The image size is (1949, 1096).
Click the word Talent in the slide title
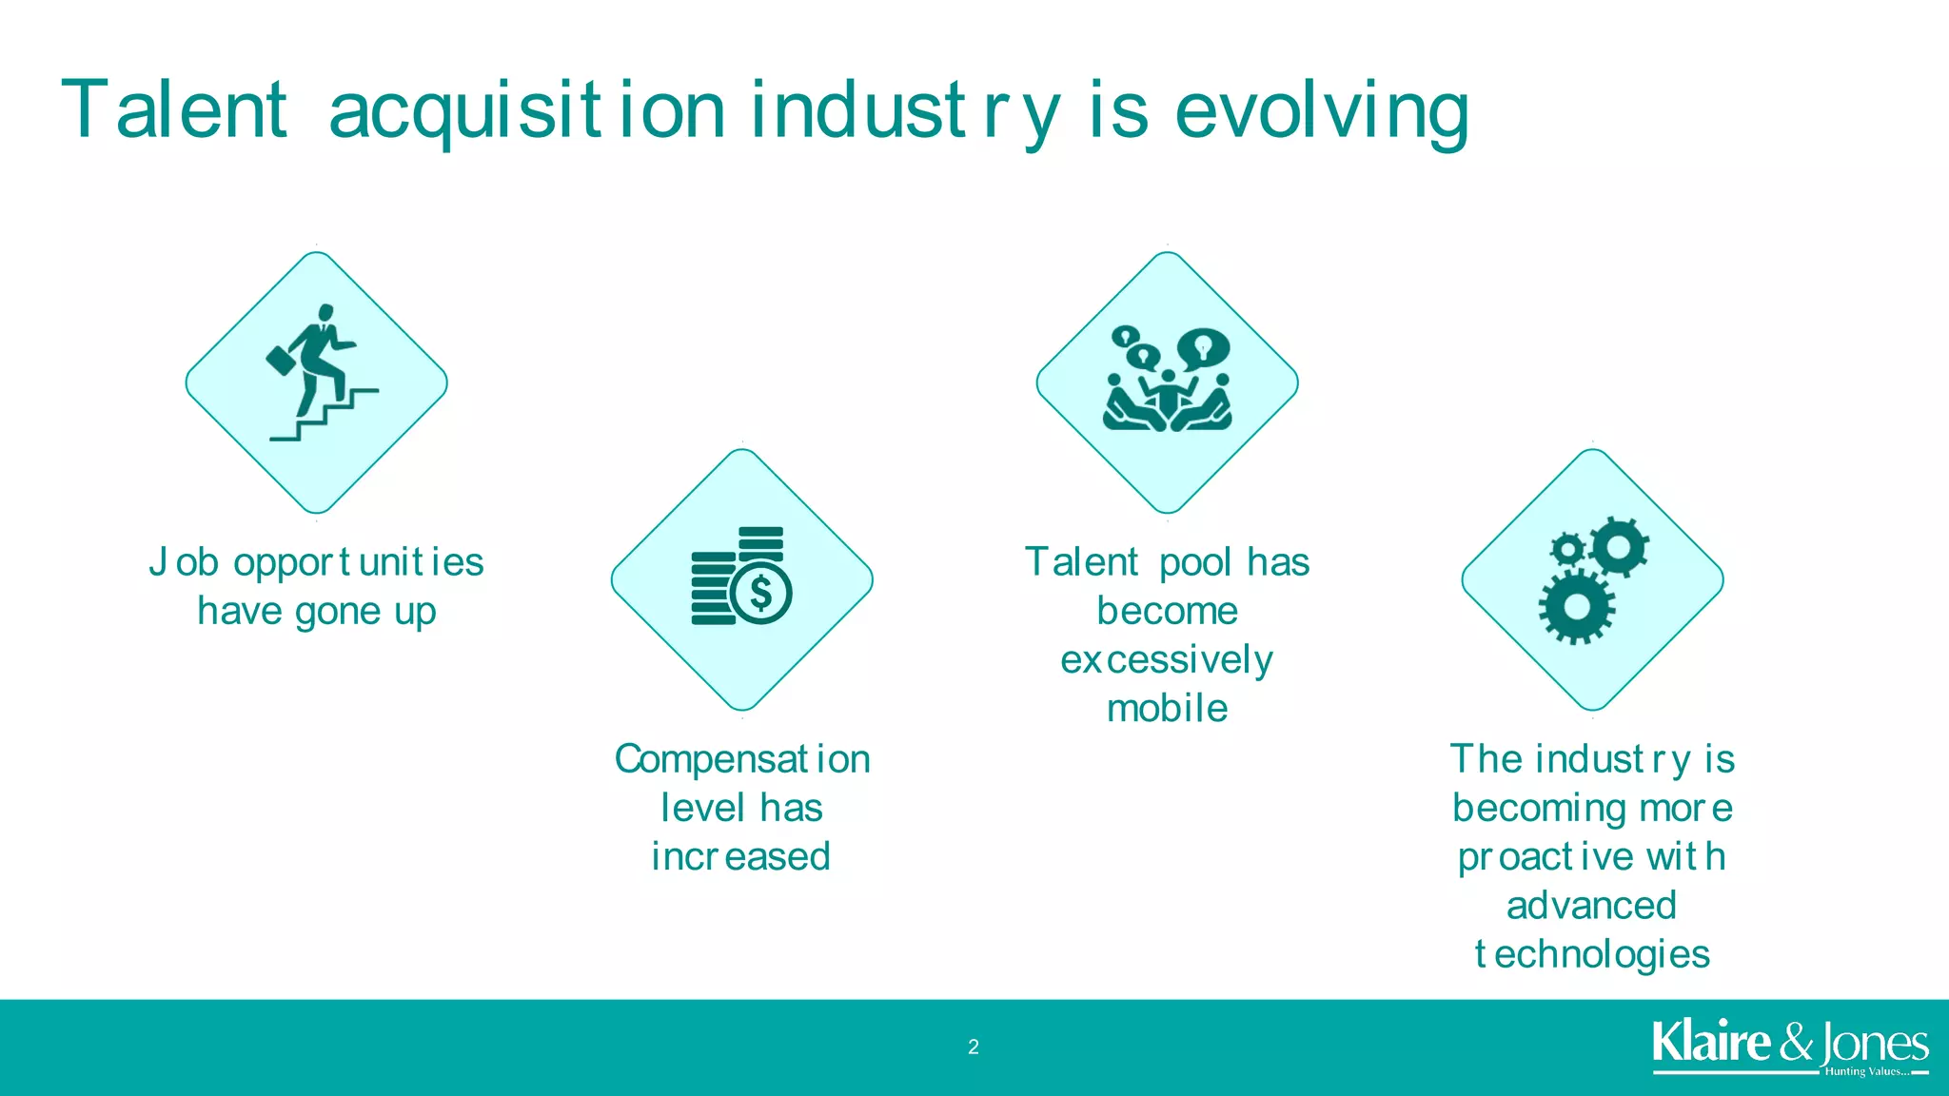point(174,110)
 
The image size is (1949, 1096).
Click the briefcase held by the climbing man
point(280,361)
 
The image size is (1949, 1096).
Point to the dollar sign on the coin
point(760,593)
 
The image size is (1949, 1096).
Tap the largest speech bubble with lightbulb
point(1203,348)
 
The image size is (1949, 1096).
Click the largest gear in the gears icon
point(1576,606)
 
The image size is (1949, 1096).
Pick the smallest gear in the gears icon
point(1566,550)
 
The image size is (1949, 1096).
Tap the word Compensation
point(742,759)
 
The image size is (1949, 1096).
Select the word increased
point(740,856)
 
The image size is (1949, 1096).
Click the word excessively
point(1167,659)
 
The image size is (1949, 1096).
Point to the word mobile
point(1167,709)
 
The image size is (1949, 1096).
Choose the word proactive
point(1545,857)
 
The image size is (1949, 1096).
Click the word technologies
point(1592,954)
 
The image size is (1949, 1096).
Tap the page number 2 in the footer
point(973,1047)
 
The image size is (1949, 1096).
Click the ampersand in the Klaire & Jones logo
point(1796,1043)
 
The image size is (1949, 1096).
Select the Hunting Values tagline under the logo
point(1865,1072)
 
